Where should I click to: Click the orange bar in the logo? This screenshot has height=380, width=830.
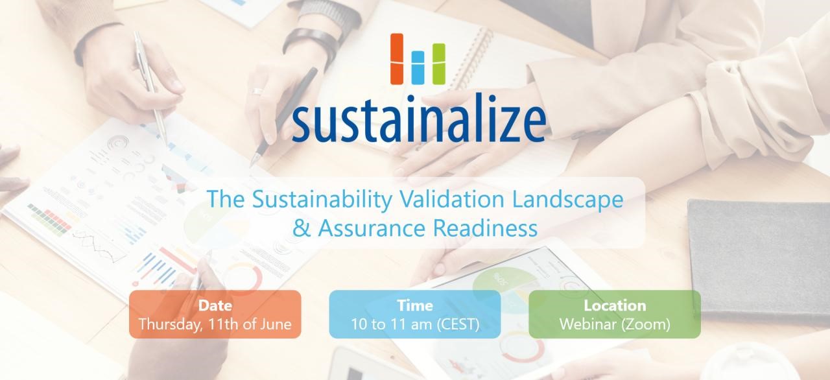tap(397, 59)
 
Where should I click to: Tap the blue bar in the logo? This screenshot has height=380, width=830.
tap(418, 67)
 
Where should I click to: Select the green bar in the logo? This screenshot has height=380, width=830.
tap(439, 64)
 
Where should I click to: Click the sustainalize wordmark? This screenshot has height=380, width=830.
tap(419, 118)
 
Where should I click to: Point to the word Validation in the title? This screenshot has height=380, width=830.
tap(452, 199)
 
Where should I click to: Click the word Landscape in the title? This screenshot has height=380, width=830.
tap(568, 200)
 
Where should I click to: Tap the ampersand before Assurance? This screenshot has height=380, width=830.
tap(302, 228)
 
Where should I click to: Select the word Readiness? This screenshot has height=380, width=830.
tap(486, 228)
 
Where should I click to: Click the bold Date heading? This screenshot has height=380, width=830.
tap(215, 305)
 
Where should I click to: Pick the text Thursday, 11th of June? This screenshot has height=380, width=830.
tap(215, 324)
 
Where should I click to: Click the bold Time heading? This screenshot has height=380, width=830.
tap(415, 305)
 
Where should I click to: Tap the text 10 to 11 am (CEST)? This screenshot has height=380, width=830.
tap(415, 324)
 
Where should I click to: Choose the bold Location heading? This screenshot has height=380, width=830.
tap(615, 305)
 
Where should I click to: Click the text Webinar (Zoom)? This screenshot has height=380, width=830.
tap(615, 324)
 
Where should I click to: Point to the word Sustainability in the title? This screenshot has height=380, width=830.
tap(322, 200)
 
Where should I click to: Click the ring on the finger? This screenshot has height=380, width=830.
tap(257, 91)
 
